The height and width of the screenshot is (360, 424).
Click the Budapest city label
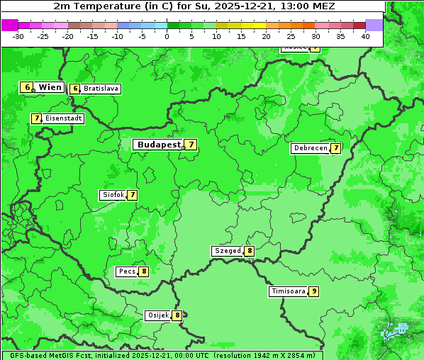(159, 145)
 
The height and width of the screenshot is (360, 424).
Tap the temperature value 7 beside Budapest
(191, 145)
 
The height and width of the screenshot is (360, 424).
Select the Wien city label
(50, 87)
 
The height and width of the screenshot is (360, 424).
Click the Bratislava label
(100, 89)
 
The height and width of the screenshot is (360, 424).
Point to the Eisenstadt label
(64, 118)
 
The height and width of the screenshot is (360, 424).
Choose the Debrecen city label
(309, 149)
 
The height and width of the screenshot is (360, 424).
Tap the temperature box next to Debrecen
(335, 149)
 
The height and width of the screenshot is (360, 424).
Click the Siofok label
(113, 195)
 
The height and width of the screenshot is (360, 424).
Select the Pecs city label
(127, 271)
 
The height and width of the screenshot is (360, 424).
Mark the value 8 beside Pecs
(144, 271)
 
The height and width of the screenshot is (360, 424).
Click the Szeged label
(228, 251)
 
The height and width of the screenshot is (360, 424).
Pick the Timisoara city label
(288, 291)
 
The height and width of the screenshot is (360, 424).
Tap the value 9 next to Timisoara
(313, 291)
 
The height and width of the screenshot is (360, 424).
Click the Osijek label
(157, 315)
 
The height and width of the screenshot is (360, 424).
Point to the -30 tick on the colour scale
(18, 36)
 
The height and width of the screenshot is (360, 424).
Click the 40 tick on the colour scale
(365, 36)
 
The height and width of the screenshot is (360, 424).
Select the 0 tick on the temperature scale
(167, 36)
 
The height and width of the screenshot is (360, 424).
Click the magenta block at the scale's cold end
(9, 25)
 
